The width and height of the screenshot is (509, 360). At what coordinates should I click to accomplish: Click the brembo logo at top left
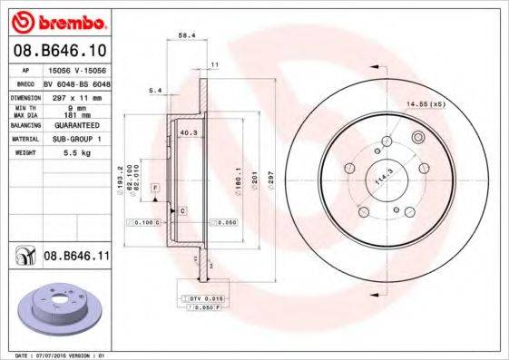point(59,20)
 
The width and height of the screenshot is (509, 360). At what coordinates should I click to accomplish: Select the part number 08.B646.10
point(63,50)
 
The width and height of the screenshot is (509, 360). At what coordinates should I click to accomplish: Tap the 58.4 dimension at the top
point(188,36)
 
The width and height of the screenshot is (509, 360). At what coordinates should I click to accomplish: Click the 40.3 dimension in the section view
point(189,133)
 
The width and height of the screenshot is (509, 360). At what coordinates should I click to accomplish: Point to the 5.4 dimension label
point(155,91)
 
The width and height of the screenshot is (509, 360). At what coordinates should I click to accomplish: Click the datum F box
point(155,187)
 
